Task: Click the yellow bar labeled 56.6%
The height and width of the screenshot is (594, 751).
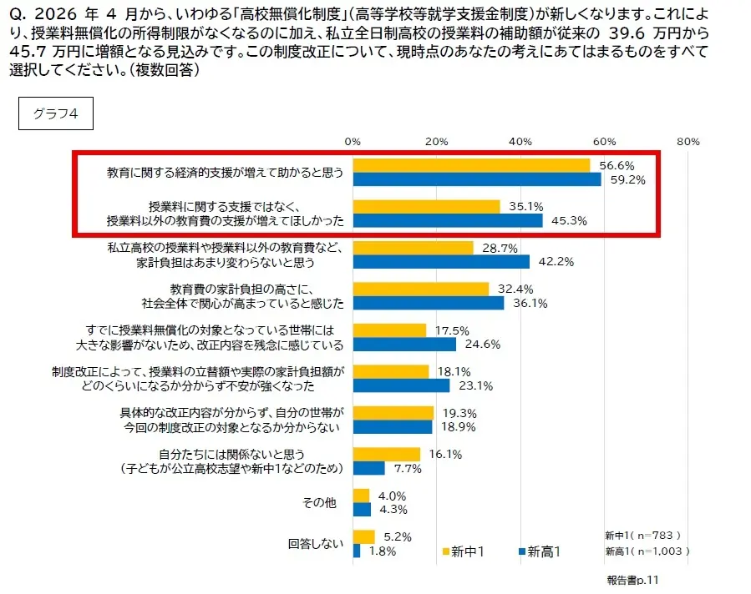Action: pyautogui.click(x=471, y=165)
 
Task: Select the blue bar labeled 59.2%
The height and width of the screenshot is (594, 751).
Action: pyautogui.click(x=477, y=179)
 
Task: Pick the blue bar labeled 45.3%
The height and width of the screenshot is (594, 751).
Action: pyautogui.click(x=448, y=220)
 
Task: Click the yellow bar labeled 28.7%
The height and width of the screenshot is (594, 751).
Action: pyautogui.click(x=413, y=248)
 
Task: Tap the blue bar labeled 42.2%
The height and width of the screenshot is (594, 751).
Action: pyautogui.click(x=441, y=262)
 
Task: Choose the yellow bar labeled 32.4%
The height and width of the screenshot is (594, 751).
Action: pyautogui.click(x=421, y=289)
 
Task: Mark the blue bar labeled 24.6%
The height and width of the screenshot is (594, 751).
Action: pyautogui.click(x=404, y=345)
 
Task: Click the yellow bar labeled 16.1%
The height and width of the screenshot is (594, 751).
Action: pyautogui.click(x=387, y=455)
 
